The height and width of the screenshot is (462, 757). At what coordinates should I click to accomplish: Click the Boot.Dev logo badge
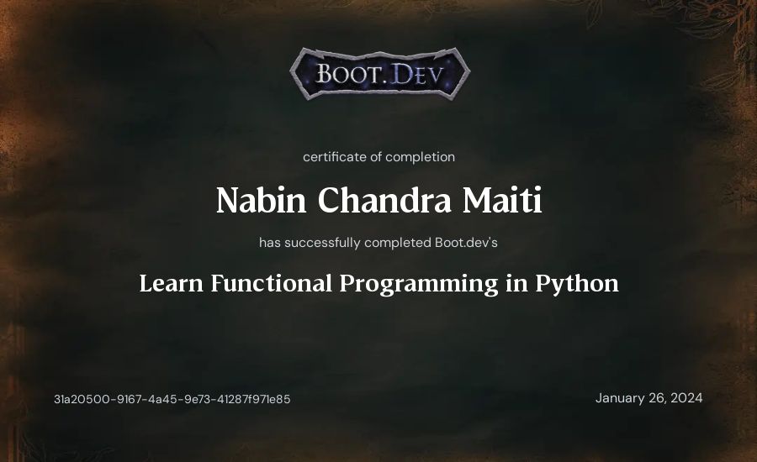coord(380,73)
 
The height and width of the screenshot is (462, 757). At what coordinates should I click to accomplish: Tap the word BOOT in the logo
coord(350,74)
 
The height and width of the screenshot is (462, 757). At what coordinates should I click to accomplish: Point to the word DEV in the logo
coord(416,74)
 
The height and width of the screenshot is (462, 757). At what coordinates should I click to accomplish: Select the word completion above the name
coord(420,157)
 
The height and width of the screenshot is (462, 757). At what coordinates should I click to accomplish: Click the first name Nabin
coord(262,200)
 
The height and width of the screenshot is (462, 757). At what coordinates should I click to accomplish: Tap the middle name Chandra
coord(384,200)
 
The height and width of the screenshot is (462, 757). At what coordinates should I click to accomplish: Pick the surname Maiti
coord(502,200)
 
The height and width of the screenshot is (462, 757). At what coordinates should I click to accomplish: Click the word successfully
coord(322,243)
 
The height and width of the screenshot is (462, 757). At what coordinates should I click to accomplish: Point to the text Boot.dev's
coord(466,242)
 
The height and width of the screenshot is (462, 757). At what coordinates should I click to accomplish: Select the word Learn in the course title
coord(172,283)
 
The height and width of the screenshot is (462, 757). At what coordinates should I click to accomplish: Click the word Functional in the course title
coord(272,283)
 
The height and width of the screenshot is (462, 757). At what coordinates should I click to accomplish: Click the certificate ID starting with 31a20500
coord(172,399)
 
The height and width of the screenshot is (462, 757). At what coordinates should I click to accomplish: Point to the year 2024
coord(686,398)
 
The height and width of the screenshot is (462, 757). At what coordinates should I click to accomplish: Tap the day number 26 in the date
coord(658,398)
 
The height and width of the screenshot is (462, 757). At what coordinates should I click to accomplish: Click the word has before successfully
coord(270,243)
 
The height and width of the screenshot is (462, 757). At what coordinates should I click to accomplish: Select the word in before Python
coord(516,283)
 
